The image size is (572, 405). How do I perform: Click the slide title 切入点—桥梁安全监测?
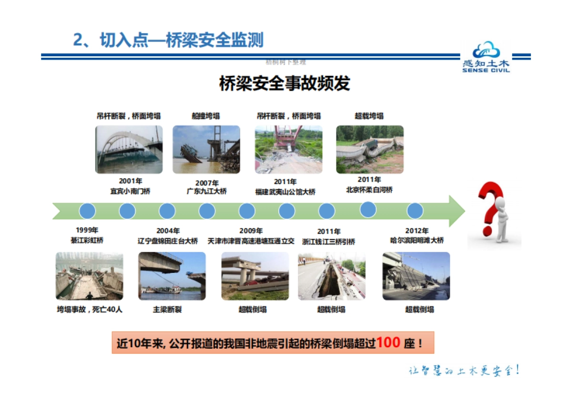pos(168,40)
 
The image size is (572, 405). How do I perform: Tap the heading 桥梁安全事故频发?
pos(284,83)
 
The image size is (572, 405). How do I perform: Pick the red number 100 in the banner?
pos(388,343)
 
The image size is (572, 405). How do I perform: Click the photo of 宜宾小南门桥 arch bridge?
pos(129,149)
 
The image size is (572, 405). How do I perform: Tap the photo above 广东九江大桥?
pos(206,149)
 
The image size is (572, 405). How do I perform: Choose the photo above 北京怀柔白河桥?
pos(369,149)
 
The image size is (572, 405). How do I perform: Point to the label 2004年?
pos(168,231)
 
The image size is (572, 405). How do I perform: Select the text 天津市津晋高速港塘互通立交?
pos(251,241)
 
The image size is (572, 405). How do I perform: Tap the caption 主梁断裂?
pos(167,310)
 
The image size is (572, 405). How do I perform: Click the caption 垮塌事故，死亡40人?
pos(90,310)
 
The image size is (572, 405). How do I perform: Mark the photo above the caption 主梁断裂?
pos(172,276)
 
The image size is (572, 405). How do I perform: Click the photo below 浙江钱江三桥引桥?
pos(332,276)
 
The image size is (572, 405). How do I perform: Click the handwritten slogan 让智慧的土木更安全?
pos(464,371)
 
